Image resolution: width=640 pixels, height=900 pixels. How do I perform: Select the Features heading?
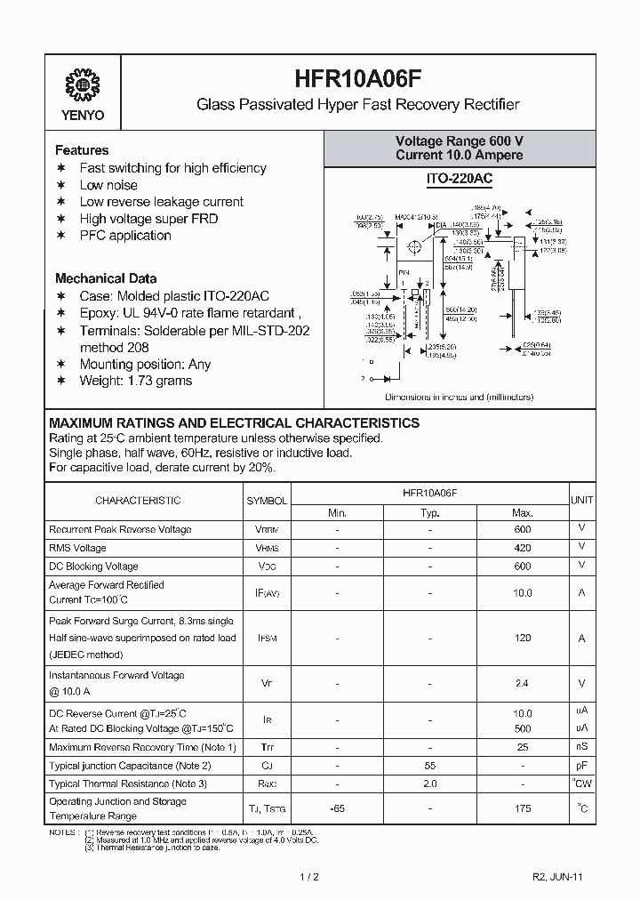[x=82, y=150]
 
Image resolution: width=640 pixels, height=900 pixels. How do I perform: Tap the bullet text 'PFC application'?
[x=125, y=236]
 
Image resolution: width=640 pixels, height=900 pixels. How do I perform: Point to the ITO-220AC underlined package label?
[x=459, y=179]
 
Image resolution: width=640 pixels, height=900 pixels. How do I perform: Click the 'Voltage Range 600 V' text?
[x=459, y=141]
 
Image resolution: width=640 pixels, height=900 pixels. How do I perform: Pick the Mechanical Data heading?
[x=106, y=278]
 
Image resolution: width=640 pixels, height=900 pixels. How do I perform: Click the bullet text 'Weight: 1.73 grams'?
[x=136, y=381]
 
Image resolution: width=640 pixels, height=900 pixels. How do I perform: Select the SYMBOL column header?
[x=267, y=501]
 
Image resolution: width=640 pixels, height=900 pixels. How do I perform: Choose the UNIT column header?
[x=582, y=501]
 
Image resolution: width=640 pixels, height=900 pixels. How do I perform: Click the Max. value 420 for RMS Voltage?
[x=523, y=548]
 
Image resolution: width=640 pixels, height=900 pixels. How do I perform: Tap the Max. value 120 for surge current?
[x=523, y=638]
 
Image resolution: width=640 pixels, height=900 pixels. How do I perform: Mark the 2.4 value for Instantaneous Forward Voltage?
[x=523, y=683]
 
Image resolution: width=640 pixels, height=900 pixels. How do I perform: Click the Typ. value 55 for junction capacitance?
[x=430, y=766]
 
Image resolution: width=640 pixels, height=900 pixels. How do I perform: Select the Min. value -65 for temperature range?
[x=338, y=808]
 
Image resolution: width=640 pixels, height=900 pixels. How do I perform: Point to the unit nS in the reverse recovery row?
[x=582, y=747]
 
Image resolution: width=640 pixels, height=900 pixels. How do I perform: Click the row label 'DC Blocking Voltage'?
[x=93, y=567]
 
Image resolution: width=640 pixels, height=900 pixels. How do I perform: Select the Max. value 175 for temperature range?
[x=523, y=808]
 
